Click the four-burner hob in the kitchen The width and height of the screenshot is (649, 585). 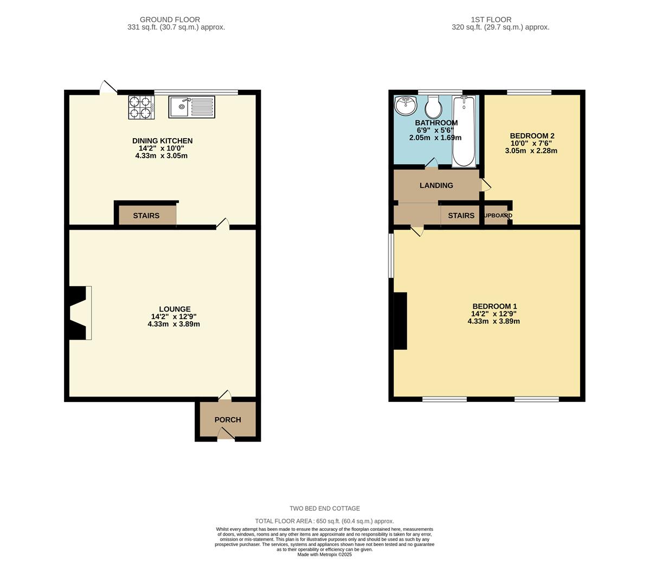pos(141,107)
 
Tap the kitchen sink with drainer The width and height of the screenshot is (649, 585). pos(191,107)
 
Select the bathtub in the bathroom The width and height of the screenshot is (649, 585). pos(464,131)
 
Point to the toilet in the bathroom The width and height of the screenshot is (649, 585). pos(433,107)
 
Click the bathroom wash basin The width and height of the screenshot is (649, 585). pos(405,106)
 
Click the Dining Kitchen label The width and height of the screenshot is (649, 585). pos(162,141)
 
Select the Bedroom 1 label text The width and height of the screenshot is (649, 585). pos(494,306)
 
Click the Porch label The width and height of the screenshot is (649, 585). pos(228,420)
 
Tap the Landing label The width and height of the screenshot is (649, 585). pos(436,185)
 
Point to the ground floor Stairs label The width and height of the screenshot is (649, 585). pos(146,216)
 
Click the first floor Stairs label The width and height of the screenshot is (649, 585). pos(461,216)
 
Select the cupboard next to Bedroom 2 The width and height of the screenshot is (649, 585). pos(497,216)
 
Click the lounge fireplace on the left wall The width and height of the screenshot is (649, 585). pos(78,313)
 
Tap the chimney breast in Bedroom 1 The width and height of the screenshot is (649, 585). pos(400,321)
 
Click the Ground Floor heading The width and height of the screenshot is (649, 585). pos(170,19)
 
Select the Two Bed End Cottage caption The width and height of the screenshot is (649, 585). pos(325,509)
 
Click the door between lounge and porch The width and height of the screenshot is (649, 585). pos(224,396)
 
